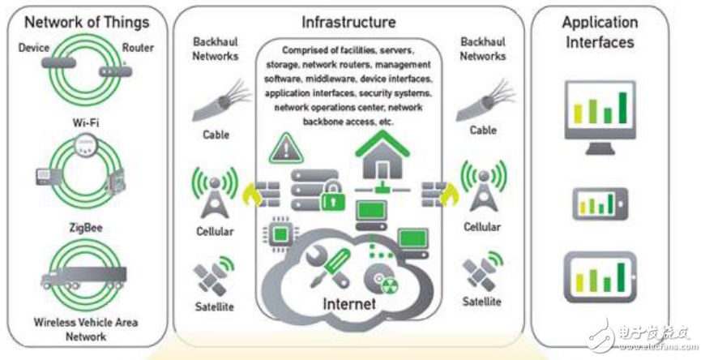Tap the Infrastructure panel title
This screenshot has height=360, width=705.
tap(348, 22)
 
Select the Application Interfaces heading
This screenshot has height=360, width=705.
tap(600, 32)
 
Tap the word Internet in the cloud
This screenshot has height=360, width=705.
tap(349, 304)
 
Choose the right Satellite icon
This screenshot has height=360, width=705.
tap(482, 274)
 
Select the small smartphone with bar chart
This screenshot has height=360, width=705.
tap(600, 204)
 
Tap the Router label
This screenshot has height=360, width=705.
tap(137, 48)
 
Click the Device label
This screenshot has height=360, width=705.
tap(34, 48)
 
